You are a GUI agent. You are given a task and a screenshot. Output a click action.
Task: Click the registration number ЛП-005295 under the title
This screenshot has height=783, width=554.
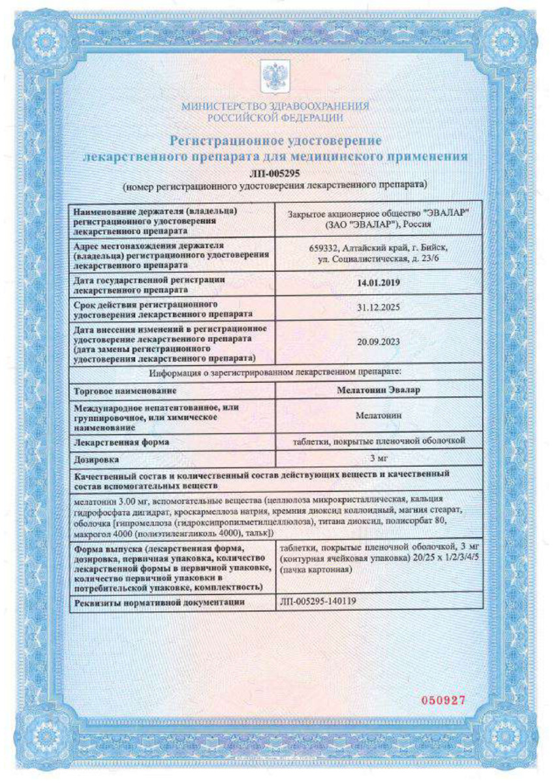pyautogui.click(x=275, y=174)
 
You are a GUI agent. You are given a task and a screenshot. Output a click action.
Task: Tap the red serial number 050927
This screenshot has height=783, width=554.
pyautogui.click(x=442, y=700)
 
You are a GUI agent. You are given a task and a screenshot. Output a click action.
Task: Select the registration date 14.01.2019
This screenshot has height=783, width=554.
pyautogui.click(x=378, y=283)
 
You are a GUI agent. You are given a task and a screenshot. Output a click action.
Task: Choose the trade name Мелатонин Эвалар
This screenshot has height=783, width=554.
pyautogui.click(x=378, y=390)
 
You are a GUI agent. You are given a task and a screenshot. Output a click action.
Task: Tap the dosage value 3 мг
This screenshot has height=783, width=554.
pyautogui.click(x=378, y=459)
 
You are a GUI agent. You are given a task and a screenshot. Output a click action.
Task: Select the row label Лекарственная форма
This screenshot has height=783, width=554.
pyautogui.click(x=122, y=442)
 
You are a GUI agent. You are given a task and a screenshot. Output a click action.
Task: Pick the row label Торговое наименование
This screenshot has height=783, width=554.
pyautogui.click(x=126, y=390)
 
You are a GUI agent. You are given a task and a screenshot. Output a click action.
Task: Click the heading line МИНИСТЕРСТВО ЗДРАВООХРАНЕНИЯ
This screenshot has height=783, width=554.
pyautogui.click(x=275, y=106)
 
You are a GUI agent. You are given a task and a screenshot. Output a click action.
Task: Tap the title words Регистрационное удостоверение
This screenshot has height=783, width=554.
pyautogui.click(x=275, y=140)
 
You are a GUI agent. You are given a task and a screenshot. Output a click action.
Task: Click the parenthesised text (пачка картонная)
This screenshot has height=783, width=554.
pyautogui.click(x=316, y=570)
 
